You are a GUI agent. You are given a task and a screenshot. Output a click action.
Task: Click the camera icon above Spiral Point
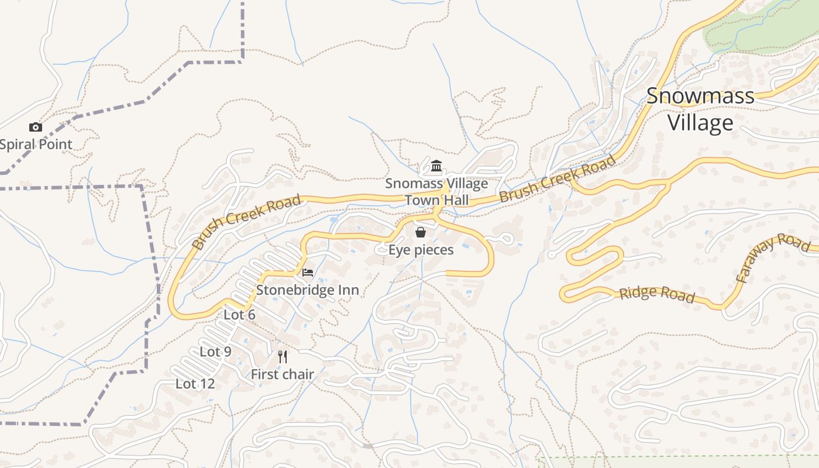pos(36,127)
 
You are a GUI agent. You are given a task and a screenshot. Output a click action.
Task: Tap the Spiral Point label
pos(36,144)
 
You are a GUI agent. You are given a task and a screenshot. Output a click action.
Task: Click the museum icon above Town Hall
pos(436,166)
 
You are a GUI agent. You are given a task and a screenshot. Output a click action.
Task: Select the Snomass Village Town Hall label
pos(436,191)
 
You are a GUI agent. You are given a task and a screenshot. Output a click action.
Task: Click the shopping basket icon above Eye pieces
pos(420,232)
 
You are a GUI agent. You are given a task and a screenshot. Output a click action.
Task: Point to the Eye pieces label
pos(421,250)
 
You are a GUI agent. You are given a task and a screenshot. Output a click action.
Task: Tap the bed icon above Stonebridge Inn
pos(308,273)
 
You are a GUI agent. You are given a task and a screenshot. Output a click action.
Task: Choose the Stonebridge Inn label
pos(307,290)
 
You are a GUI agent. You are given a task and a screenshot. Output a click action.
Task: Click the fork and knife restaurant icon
pos(283,356)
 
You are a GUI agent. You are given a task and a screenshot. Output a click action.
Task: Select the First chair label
pos(282,374)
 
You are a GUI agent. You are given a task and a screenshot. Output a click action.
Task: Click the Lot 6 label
pos(239,315)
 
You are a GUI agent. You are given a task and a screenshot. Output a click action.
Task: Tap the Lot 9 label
pos(215,352)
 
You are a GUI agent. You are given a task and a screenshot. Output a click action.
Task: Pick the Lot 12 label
pos(195,384)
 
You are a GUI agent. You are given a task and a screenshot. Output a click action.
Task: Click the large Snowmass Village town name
pos(700,109)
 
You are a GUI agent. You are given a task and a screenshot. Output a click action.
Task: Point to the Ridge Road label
pos(657,294)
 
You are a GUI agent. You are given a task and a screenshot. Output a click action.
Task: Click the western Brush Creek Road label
pos(247,222)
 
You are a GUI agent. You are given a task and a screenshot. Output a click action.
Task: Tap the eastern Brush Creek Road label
pos(558,178)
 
